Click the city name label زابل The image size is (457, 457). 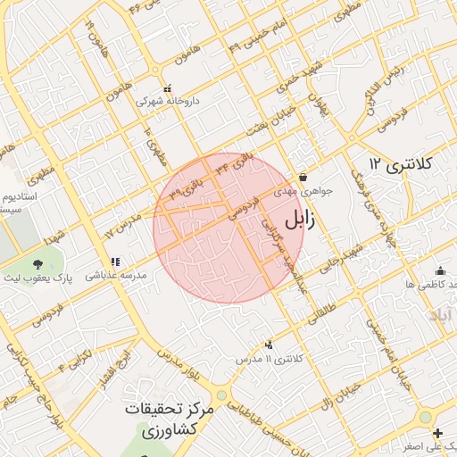tap(303, 220)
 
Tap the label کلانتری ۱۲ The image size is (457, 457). tap(401, 164)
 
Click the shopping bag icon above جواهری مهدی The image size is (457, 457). tap(303, 177)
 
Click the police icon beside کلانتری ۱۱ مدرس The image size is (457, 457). tap(269, 345)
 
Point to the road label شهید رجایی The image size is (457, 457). tap(347, 260)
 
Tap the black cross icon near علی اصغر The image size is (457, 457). tap(437, 433)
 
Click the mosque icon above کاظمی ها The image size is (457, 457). tap(439, 271)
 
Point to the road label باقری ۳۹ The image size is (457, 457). tap(189, 186)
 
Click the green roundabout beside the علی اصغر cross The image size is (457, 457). tap(425, 418)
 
